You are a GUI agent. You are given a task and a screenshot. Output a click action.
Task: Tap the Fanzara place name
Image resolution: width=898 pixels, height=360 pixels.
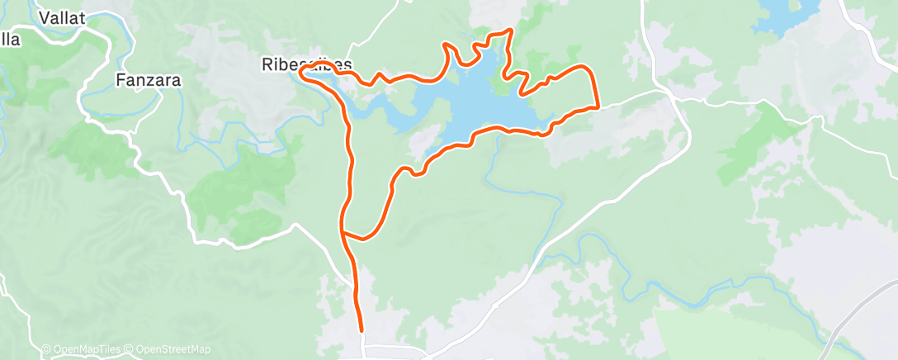coord(148,81)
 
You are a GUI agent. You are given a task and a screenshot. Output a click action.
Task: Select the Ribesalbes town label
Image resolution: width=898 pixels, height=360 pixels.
coord(306,64)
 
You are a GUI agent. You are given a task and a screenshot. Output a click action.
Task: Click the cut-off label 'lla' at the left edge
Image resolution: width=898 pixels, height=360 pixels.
coord(10,39)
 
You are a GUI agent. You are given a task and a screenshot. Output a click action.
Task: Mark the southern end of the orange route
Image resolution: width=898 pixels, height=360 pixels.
coord(362,330)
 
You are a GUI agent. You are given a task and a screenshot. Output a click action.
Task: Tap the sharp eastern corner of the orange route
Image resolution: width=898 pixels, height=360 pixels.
coord(597,107)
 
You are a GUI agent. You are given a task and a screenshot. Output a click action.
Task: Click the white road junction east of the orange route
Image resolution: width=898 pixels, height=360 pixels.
coord(674,98)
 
